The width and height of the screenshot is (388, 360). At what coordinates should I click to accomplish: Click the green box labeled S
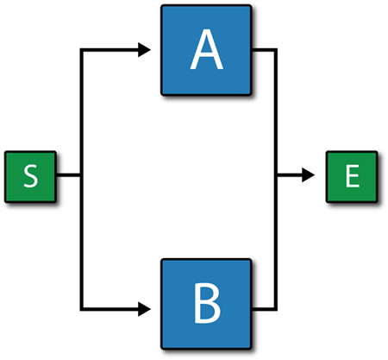click(30, 176)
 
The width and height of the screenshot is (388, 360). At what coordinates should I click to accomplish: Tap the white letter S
click(30, 176)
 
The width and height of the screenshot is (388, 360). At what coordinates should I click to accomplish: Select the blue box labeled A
click(206, 50)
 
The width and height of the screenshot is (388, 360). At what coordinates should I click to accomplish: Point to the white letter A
click(207, 49)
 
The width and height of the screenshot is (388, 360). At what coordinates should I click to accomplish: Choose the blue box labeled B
click(206, 304)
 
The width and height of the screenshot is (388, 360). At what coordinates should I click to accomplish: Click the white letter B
click(208, 303)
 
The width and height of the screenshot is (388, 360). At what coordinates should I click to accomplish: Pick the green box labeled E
click(352, 176)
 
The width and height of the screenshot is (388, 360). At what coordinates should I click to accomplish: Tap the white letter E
click(353, 176)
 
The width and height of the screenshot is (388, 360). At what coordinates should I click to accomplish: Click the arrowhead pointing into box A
click(144, 50)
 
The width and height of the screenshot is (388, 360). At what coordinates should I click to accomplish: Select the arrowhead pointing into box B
click(144, 309)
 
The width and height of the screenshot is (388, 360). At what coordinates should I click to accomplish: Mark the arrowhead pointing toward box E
click(308, 174)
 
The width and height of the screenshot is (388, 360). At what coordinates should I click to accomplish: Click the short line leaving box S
click(68, 174)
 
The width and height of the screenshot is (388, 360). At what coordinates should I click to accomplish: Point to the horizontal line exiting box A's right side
click(263, 50)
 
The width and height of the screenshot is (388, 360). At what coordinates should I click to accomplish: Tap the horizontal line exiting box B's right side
click(263, 309)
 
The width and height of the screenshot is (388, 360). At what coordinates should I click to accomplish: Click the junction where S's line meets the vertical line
click(82, 174)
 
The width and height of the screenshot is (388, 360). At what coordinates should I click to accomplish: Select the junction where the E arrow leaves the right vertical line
click(276, 174)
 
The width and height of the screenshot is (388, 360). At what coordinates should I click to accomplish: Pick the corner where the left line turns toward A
click(82, 50)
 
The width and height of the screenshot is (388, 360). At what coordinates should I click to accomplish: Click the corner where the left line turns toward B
click(82, 309)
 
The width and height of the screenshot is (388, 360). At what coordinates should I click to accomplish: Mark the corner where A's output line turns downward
click(276, 50)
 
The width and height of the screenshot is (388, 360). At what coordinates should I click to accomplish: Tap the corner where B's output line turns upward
click(276, 309)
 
